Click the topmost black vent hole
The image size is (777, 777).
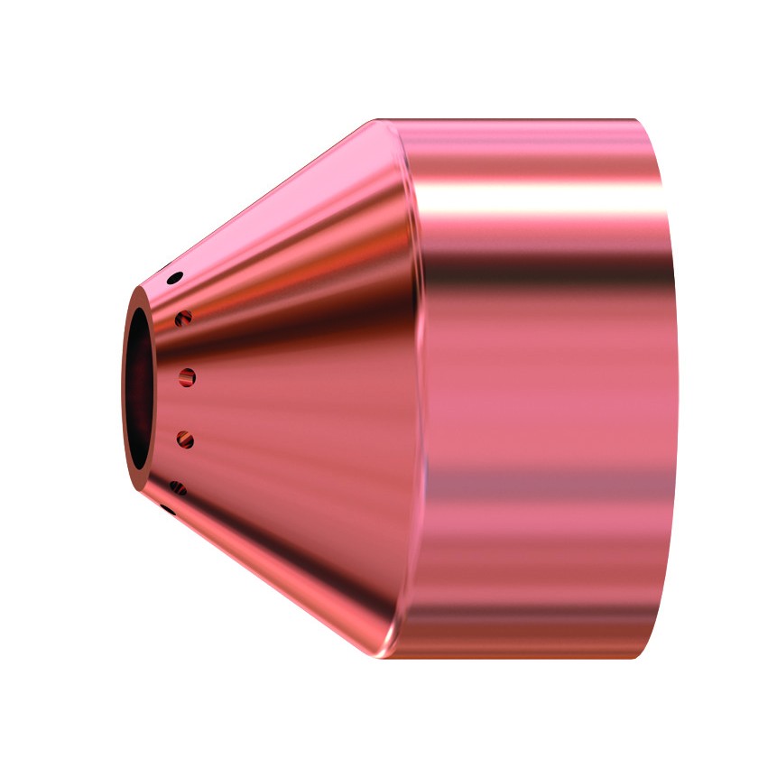point(176,277)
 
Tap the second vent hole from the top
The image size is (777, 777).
point(185,317)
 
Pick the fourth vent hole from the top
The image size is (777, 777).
point(185,440)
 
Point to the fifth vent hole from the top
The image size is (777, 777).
point(178,488)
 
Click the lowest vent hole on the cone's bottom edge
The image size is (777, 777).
point(167,510)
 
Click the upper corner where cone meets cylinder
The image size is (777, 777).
point(378,120)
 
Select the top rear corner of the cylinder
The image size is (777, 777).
point(637,120)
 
